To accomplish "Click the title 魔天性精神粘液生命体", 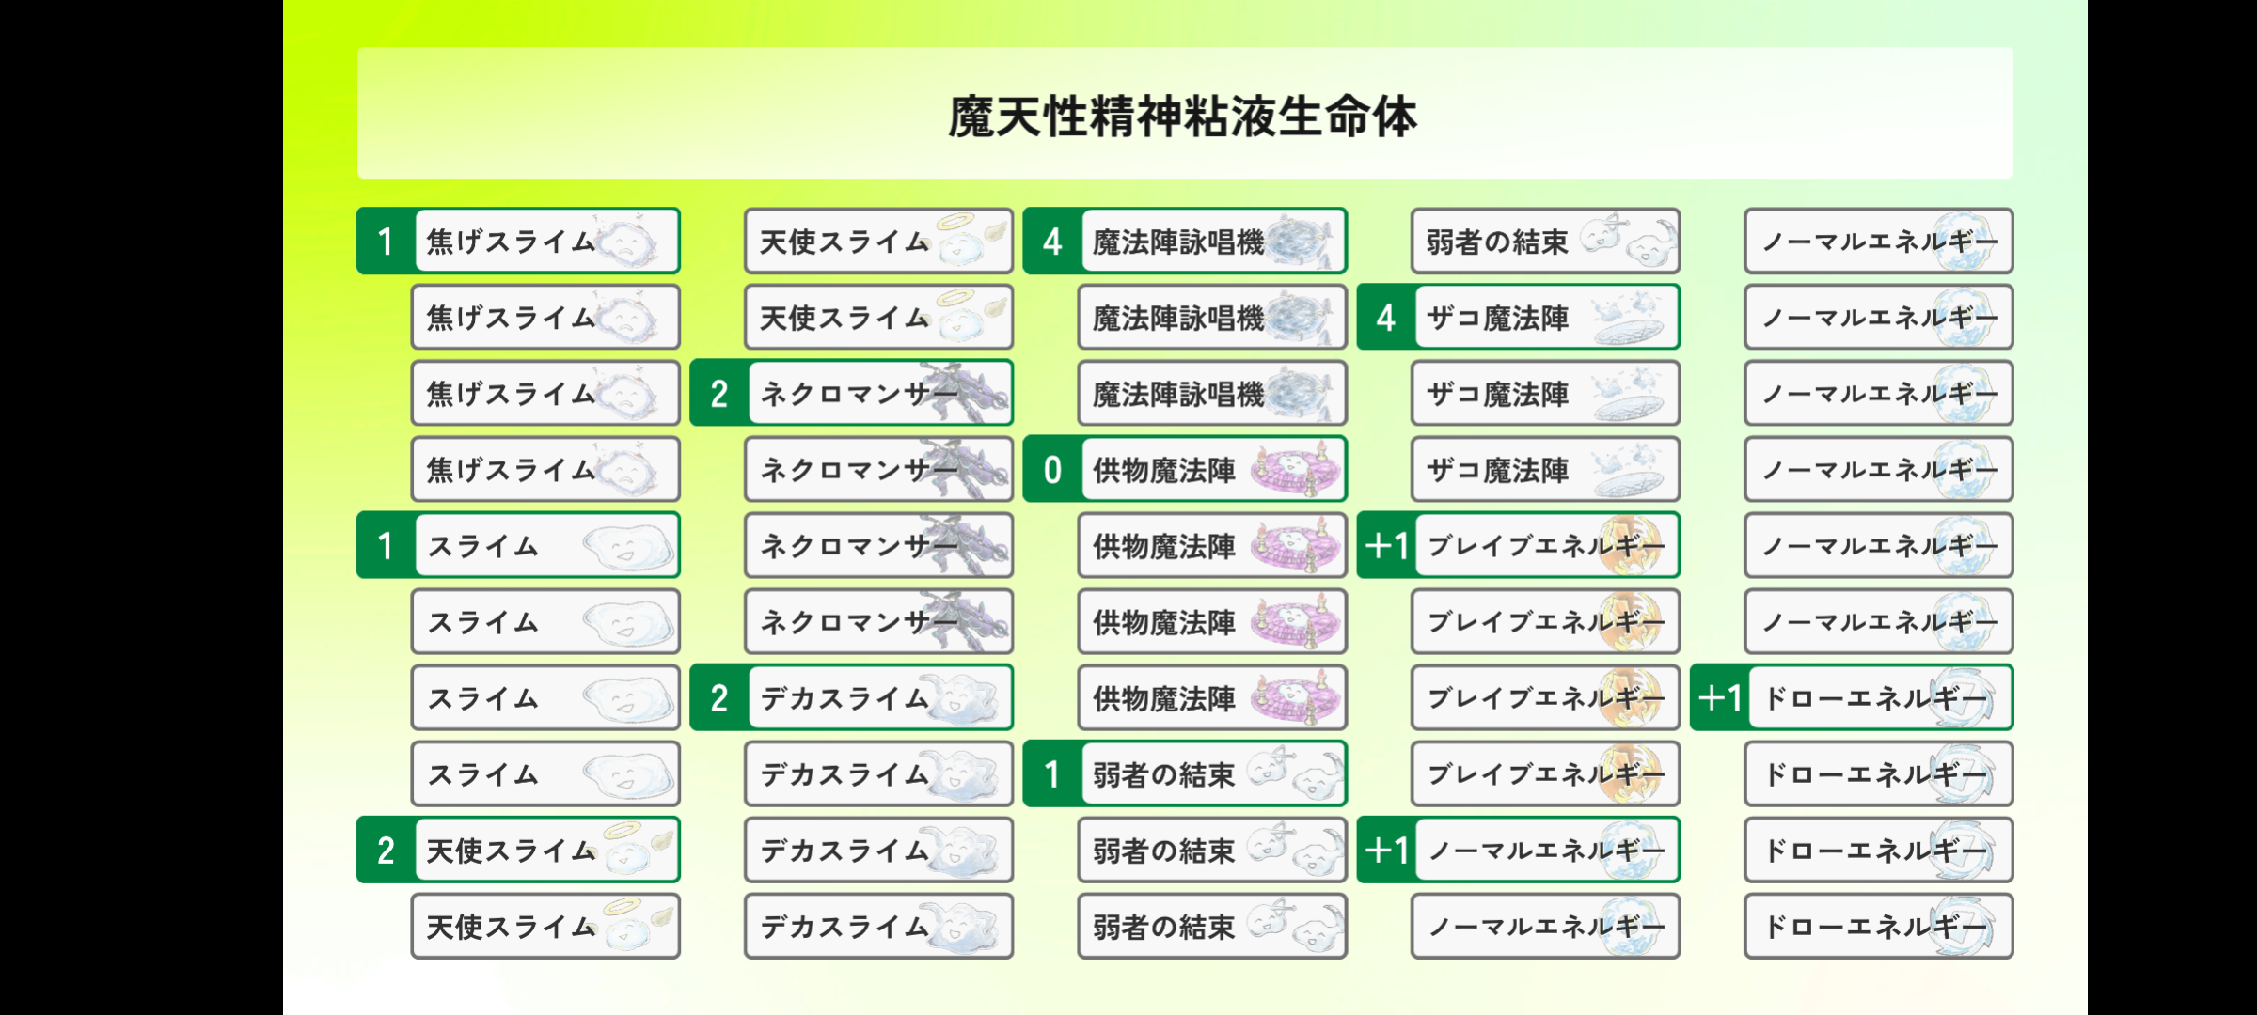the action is [x=1182, y=117].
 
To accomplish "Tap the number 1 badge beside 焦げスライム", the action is [x=387, y=242].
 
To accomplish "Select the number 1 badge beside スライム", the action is [x=387, y=546].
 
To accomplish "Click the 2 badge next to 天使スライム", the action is [x=387, y=851].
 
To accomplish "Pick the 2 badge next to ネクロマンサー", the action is [x=719, y=394].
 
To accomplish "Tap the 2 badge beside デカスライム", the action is [x=719, y=698].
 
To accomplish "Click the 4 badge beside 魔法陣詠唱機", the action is [x=1052, y=242].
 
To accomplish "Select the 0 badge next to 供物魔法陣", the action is [x=1052, y=470].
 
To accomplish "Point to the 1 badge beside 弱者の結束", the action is [x=1052, y=774].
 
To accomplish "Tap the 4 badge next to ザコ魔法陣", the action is [x=1386, y=318].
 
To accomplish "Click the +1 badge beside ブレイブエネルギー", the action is [x=1386, y=546].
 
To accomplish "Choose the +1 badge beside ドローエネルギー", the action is [x=1720, y=698].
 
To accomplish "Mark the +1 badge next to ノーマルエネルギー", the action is [x=1386, y=851].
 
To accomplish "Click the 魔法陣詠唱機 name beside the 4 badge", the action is [x=1178, y=242].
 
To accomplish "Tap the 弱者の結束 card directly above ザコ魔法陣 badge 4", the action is [x=1545, y=242].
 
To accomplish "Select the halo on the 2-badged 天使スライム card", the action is [x=622, y=830].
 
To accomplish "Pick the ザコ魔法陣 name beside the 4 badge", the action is [x=1497, y=319].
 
